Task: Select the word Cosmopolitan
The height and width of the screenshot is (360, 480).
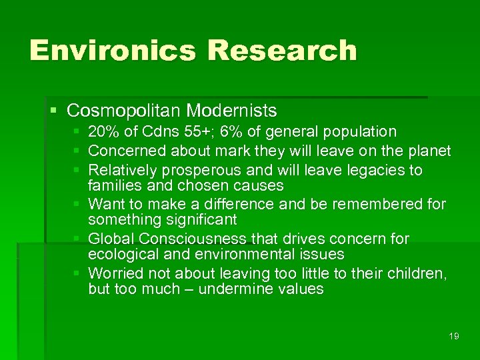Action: click(x=125, y=109)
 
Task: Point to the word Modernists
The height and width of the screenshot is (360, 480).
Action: click(x=232, y=109)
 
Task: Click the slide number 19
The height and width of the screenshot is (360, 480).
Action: click(x=454, y=336)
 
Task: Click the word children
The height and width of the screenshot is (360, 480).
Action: click(x=419, y=273)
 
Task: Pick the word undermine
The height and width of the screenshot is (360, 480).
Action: click(x=234, y=289)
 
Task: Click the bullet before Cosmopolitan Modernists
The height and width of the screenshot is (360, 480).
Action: click(x=53, y=110)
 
